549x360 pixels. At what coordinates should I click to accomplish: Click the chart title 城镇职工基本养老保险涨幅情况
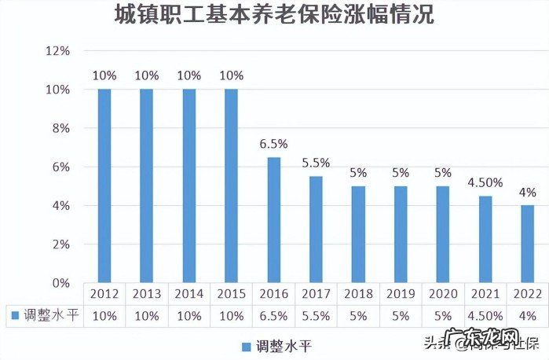click(273, 15)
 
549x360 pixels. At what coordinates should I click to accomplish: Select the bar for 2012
click(104, 186)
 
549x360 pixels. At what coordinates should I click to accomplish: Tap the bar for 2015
click(231, 186)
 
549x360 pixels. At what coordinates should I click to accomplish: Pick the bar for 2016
click(273, 219)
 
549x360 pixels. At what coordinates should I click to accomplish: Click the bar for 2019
click(401, 234)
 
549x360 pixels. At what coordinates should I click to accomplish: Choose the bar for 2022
click(527, 244)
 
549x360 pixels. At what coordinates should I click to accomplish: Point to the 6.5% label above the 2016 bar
click(273, 145)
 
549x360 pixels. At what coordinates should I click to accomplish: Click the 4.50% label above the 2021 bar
click(485, 183)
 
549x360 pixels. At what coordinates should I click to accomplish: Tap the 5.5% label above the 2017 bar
click(316, 163)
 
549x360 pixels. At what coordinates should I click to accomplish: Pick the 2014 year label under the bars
click(188, 293)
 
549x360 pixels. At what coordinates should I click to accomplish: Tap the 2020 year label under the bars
click(442, 293)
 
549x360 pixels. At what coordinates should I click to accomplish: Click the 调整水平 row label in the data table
click(49, 314)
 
